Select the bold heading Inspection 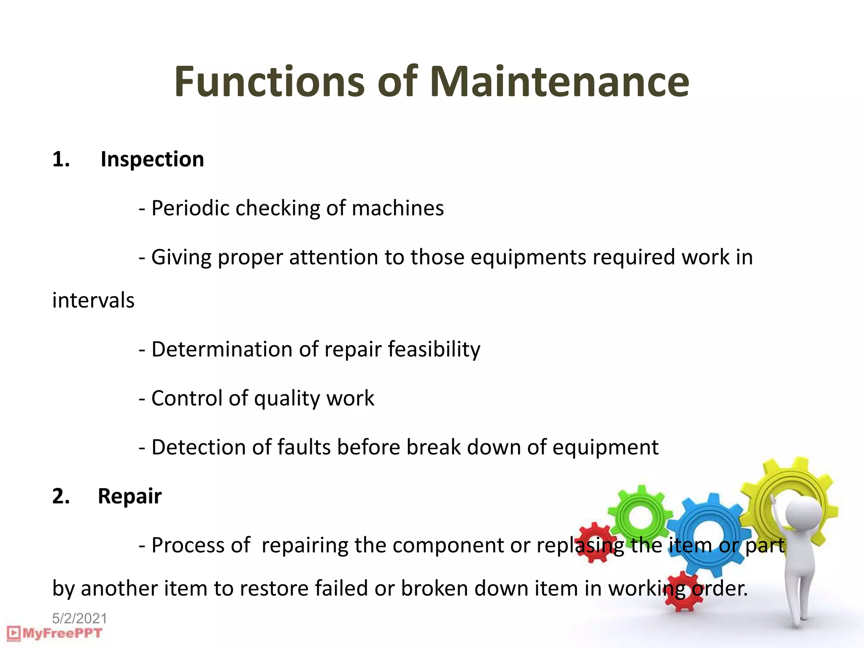(x=152, y=159)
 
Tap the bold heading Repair (x=130, y=496)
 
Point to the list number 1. (x=61, y=159)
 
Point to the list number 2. (x=61, y=496)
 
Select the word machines (x=397, y=208)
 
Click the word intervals (x=93, y=301)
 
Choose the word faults (x=304, y=447)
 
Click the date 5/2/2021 (x=79, y=618)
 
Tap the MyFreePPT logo (x=55, y=633)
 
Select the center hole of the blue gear (x=710, y=536)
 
